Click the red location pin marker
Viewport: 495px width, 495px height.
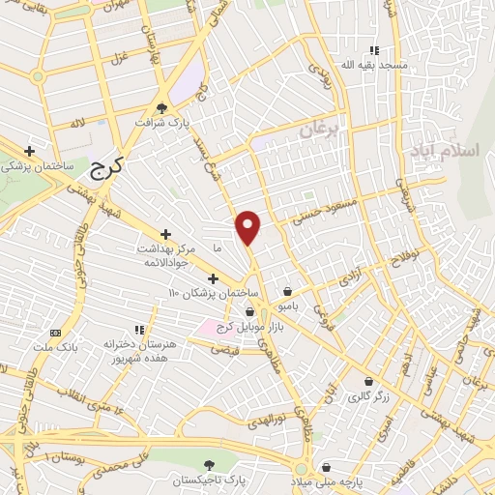point(248,226)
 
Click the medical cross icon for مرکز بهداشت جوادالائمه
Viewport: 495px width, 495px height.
point(165,234)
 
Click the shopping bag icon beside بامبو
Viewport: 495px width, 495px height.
point(287,291)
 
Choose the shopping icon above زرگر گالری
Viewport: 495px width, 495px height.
point(367,381)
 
